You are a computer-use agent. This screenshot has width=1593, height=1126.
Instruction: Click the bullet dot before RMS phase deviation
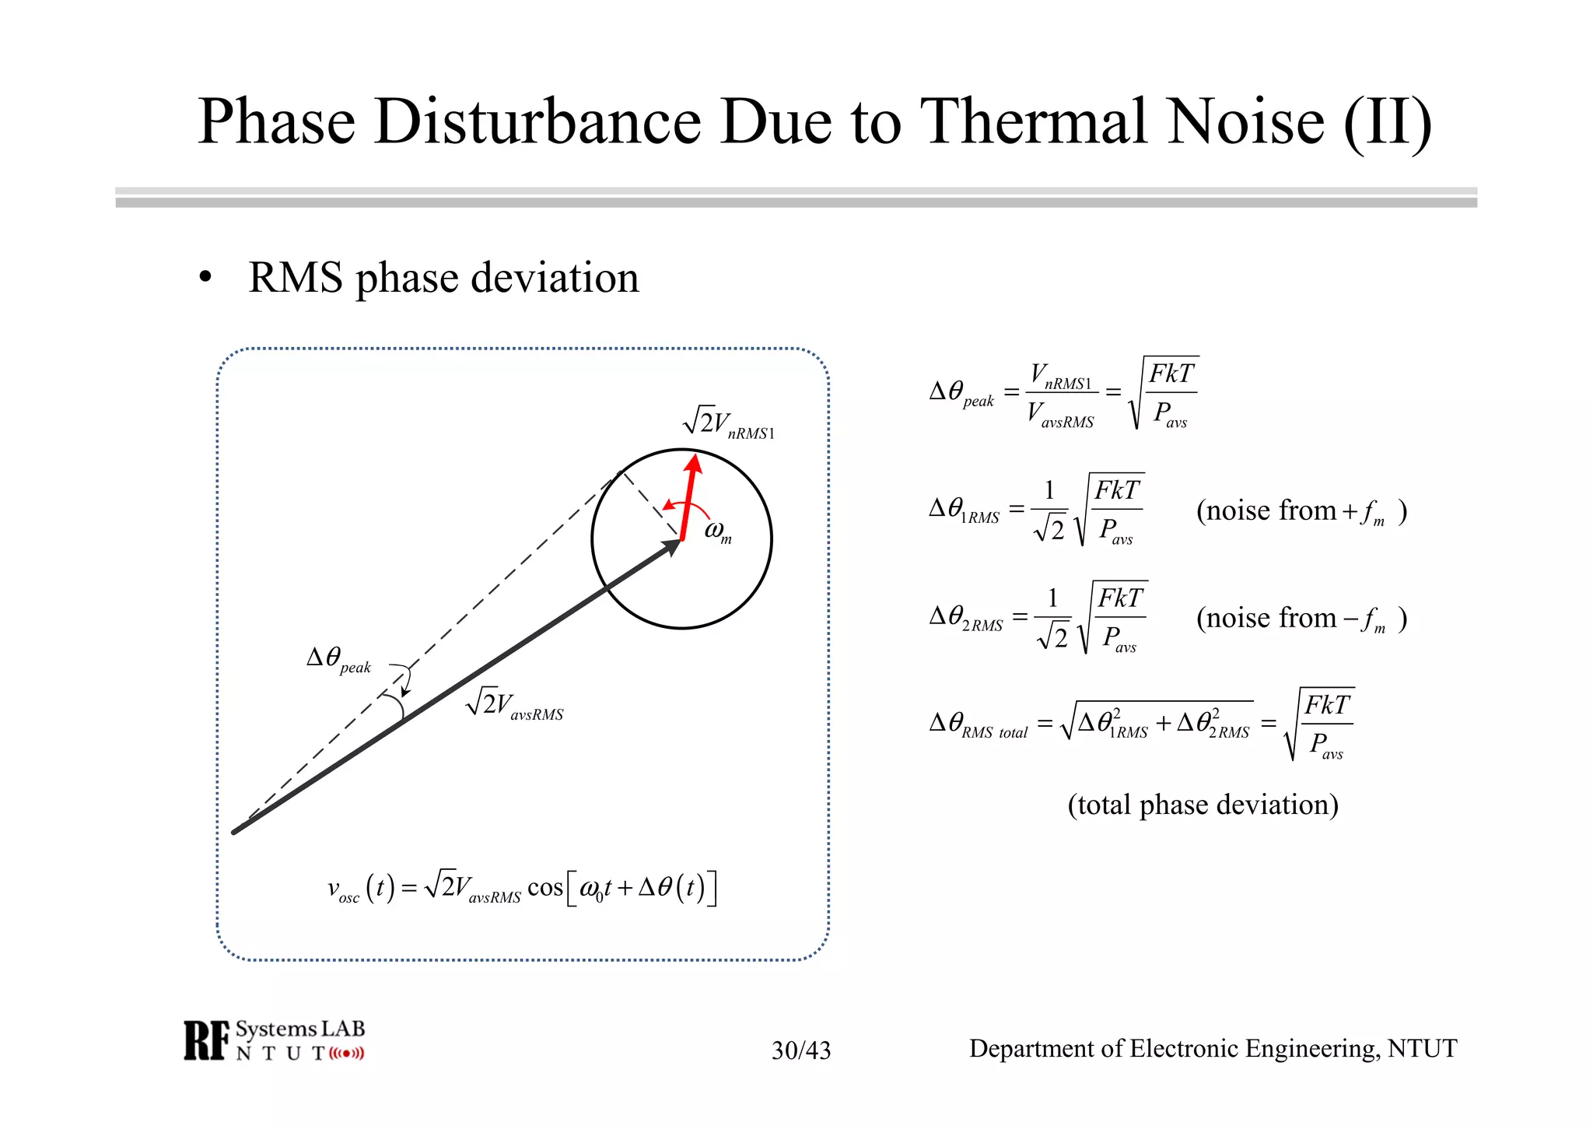click(205, 278)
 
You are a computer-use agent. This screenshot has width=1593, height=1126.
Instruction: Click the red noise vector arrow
click(688, 498)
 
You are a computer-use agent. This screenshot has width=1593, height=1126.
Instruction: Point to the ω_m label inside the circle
click(717, 531)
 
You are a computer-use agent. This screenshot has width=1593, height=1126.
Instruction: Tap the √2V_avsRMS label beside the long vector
click(514, 704)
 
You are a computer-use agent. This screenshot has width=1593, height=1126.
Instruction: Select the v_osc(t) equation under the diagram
click(521, 888)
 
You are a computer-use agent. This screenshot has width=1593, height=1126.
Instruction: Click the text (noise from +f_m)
click(1301, 511)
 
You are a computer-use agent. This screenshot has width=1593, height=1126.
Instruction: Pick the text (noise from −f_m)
click(1301, 619)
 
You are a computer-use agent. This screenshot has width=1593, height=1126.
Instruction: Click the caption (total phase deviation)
click(1203, 805)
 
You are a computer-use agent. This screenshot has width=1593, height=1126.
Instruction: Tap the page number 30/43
click(800, 1051)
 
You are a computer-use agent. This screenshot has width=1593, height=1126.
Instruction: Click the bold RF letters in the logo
click(207, 1041)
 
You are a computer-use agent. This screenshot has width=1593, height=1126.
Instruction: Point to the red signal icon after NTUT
click(346, 1054)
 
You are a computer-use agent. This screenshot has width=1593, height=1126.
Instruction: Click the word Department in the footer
click(1045, 1049)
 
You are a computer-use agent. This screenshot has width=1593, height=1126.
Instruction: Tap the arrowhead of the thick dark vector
click(671, 547)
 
